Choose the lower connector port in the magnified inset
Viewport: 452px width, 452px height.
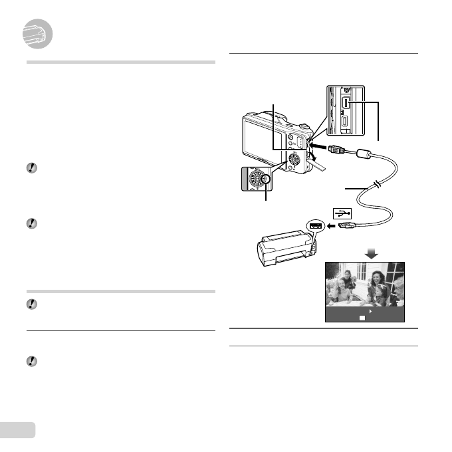[x=348, y=122]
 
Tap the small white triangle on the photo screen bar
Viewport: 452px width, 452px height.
[x=369, y=310]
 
